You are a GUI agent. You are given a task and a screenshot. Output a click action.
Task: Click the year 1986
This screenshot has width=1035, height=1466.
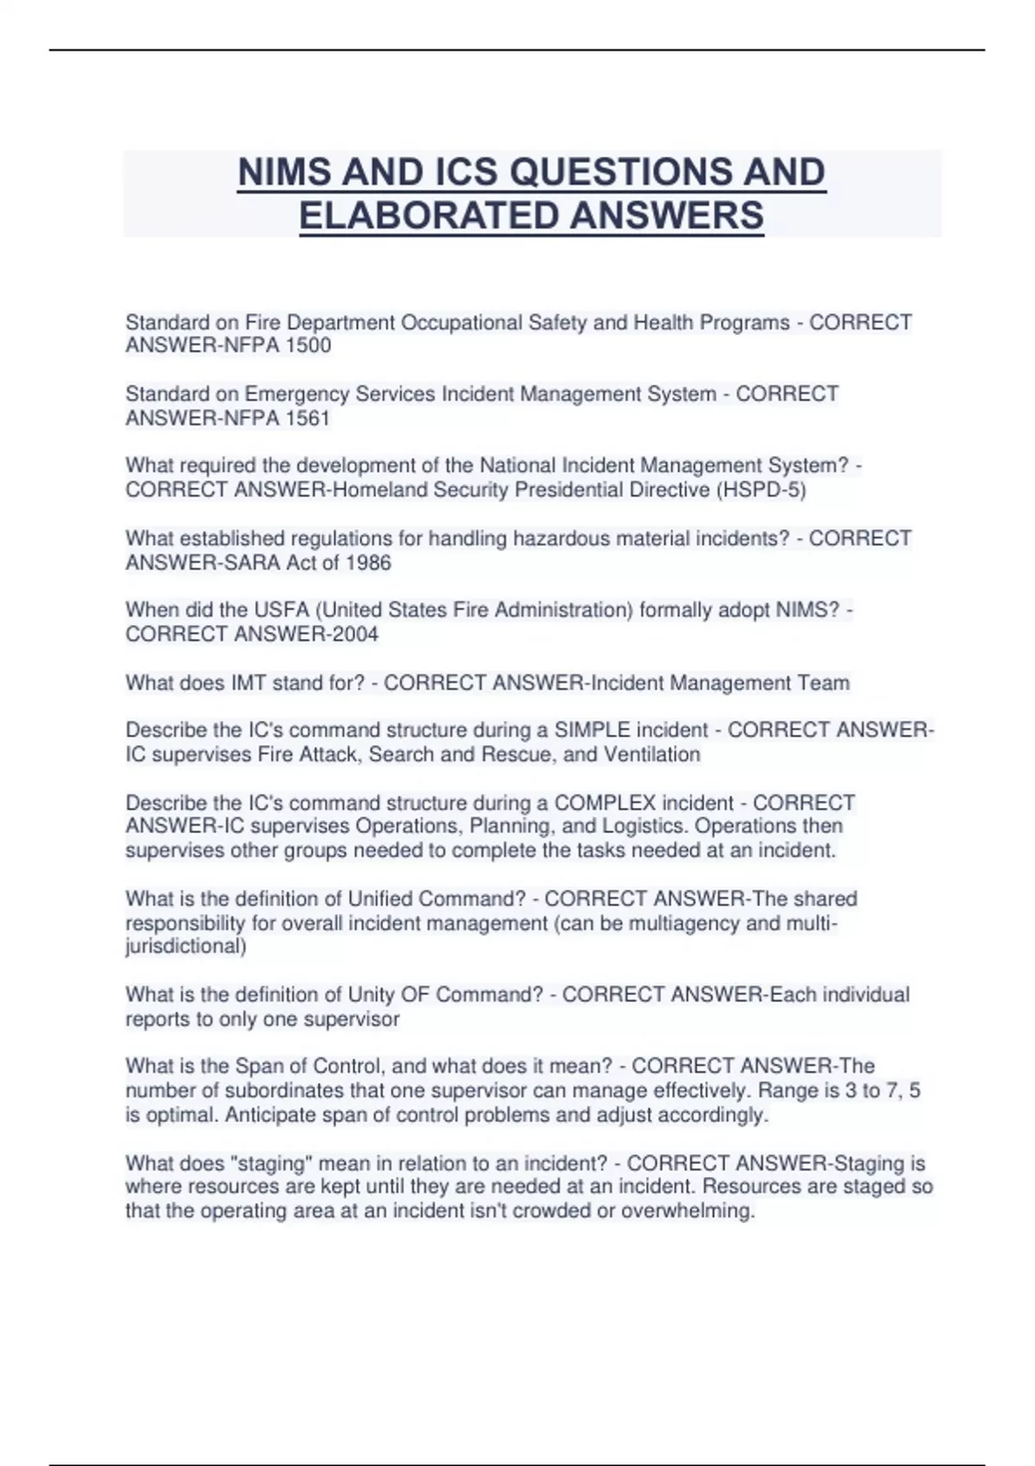click(368, 563)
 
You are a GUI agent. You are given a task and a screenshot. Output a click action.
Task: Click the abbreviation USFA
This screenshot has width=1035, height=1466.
click(282, 610)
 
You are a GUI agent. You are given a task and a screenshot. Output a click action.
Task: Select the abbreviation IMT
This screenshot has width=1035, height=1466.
click(249, 683)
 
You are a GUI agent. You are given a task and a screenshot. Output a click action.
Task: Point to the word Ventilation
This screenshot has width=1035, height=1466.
click(652, 755)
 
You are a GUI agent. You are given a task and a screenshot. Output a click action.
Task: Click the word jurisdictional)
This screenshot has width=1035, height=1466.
click(185, 946)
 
